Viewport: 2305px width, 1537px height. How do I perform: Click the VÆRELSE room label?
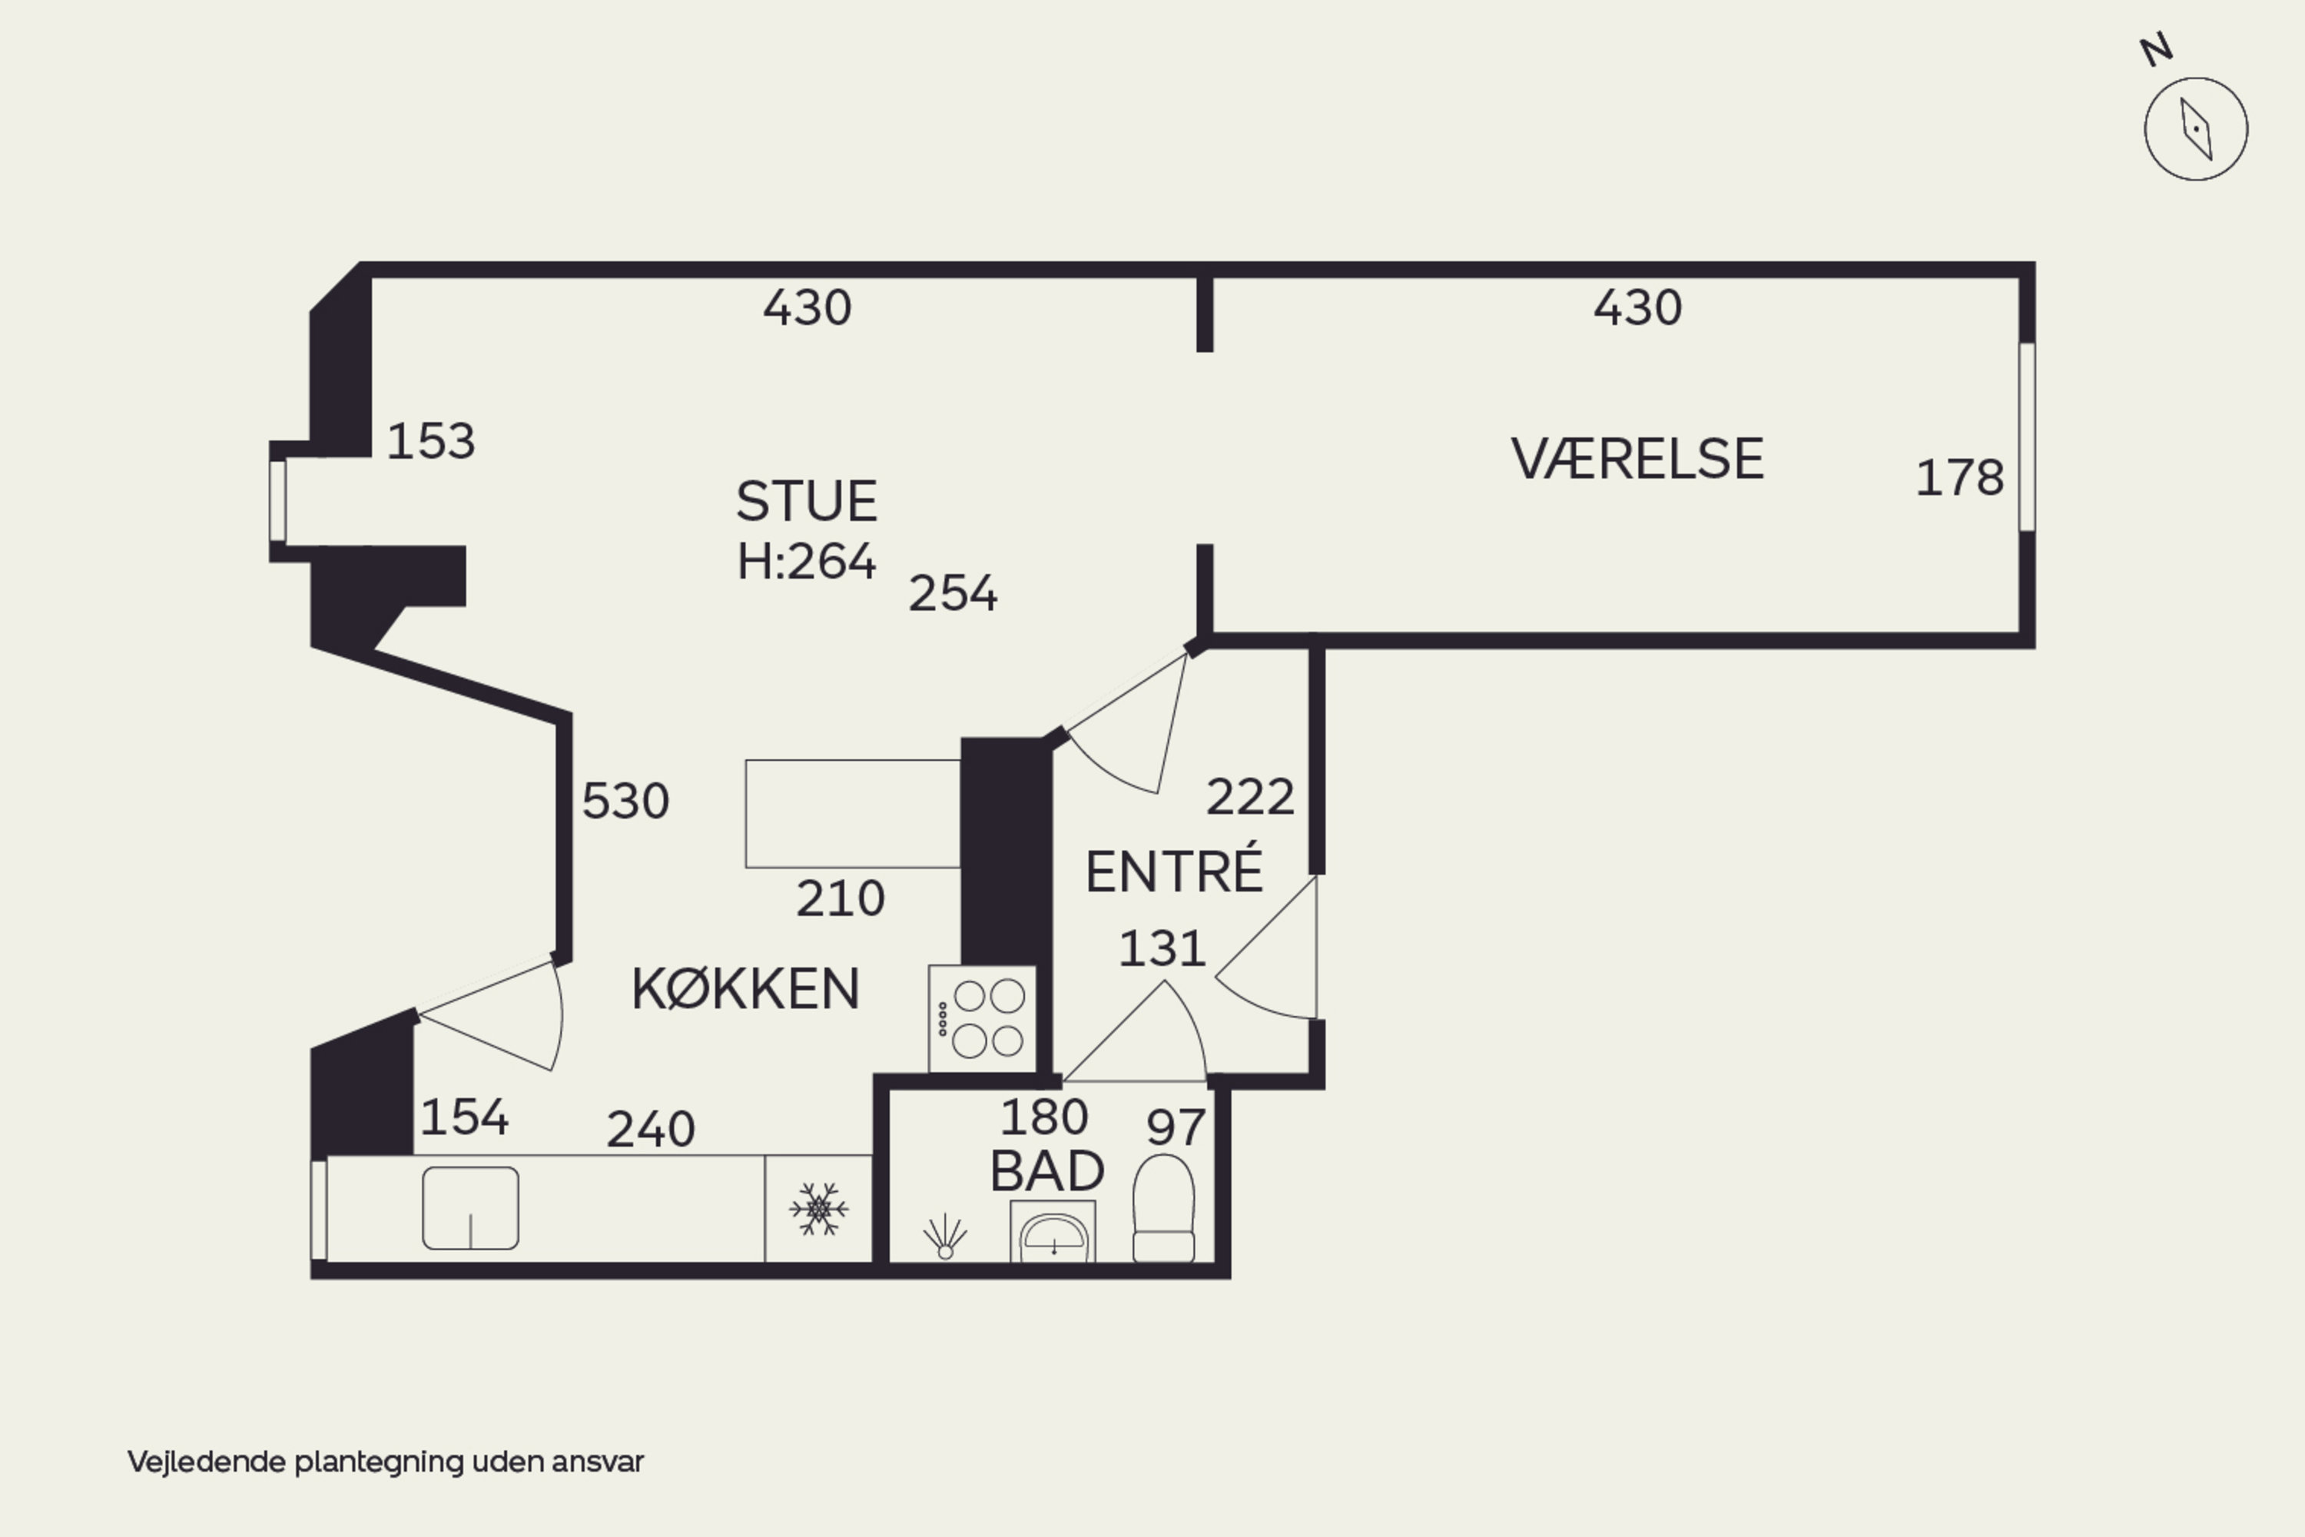[x=1637, y=459]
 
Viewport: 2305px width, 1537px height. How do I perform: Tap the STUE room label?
[x=807, y=502]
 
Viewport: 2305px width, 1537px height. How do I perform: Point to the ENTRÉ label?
[x=1174, y=871]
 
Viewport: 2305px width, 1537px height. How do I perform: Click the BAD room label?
[x=1046, y=1171]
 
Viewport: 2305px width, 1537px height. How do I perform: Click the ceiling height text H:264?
[x=807, y=562]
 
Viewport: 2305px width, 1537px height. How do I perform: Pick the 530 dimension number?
[x=625, y=802]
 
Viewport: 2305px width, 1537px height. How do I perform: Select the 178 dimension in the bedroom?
[x=1959, y=478]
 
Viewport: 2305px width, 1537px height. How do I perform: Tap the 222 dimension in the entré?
[x=1249, y=797]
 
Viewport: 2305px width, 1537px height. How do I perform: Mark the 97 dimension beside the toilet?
[x=1175, y=1128]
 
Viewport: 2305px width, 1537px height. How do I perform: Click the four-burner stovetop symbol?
[x=983, y=1018]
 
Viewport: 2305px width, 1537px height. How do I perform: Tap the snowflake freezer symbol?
[x=818, y=1209]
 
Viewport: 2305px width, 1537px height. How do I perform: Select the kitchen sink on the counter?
[x=470, y=1207]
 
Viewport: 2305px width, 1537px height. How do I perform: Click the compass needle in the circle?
[x=2196, y=128]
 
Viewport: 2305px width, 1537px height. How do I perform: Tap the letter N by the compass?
[x=2156, y=49]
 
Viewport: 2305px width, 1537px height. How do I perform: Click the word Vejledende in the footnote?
[x=207, y=1462]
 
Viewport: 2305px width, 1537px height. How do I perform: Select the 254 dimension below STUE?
[x=953, y=594]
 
